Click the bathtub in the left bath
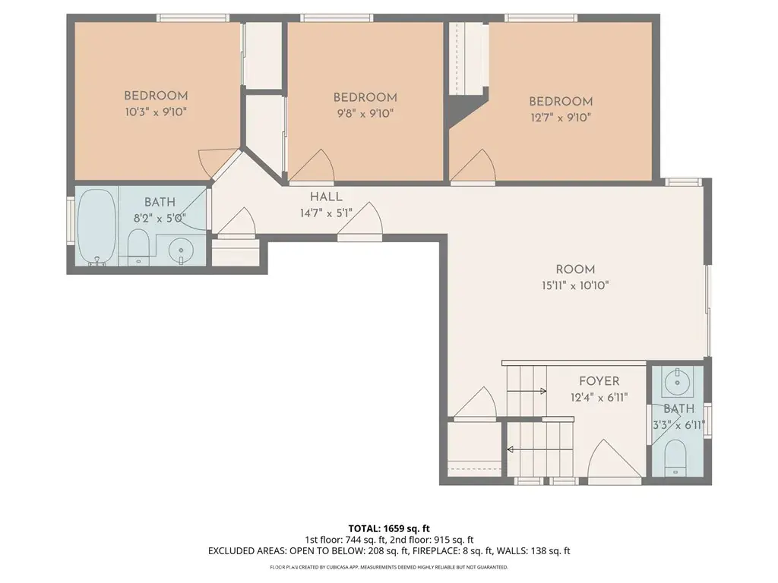[97, 227]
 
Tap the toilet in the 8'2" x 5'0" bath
[138, 247]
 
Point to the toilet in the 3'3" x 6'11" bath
[675, 458]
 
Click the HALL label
[326, 197]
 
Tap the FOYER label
[599, 381]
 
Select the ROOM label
[575, 269]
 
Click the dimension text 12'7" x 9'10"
[561, 118]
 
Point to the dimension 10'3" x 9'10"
[156, 112]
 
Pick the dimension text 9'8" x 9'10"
[365, 114]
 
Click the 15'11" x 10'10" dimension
[575, 285]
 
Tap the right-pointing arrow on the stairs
[527, 391]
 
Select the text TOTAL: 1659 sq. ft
[389, 528]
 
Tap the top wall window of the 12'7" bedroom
[541, 18]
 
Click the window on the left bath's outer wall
[71, 220]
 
